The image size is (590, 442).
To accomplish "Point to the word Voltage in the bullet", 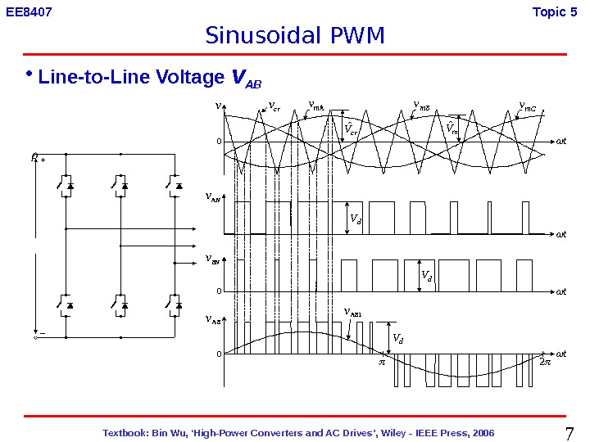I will click(x=192, y=79).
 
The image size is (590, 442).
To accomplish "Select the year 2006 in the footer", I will click(x=480, y=432).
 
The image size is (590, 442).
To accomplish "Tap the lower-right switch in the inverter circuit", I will click(x=174, y=305).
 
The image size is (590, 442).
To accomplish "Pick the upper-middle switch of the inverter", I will click(x=120, y=186).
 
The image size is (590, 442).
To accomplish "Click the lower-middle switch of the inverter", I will click(x=120, y=305).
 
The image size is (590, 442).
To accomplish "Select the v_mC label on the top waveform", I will click(x=528, y=106).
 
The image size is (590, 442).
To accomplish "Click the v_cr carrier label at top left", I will click(x=275, y=106).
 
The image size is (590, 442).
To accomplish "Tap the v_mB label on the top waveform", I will click(x=422, y=105).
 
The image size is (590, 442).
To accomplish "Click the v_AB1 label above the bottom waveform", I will click(x=353, y=312).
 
